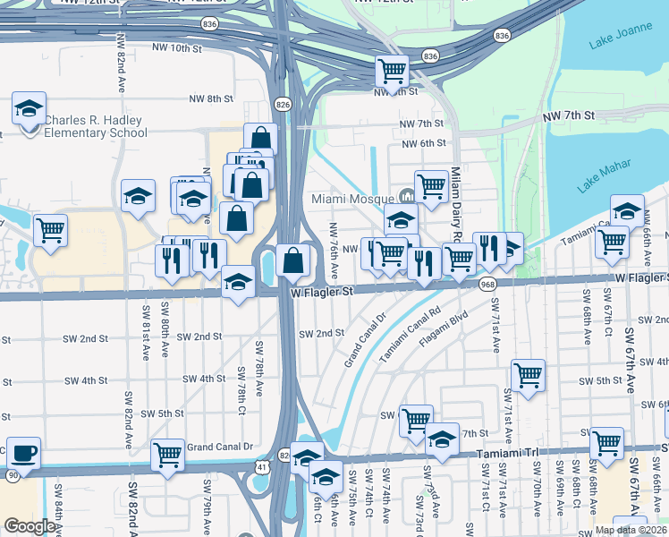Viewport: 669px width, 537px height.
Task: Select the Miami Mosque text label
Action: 352,199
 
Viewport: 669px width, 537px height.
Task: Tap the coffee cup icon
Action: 23,453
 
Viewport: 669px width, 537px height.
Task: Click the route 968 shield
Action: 487,284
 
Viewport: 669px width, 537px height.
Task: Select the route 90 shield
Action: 11,472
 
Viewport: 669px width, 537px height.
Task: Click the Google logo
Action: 29,526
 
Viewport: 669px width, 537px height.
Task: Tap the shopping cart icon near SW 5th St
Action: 528,375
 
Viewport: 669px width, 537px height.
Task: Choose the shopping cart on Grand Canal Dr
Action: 168,455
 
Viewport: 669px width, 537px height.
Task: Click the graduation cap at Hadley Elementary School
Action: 29,109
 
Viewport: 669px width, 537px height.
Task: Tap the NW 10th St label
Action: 179,47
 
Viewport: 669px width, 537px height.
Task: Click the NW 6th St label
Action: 424,143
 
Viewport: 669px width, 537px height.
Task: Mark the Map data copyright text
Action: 631,530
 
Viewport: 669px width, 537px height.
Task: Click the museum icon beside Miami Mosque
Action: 407,196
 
